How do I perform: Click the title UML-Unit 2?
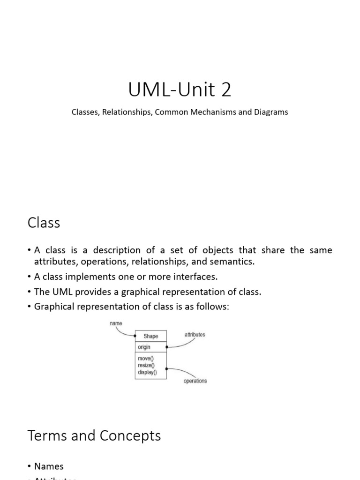[180, 90]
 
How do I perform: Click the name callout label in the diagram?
[116, 323]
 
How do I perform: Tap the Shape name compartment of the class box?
[150, 336]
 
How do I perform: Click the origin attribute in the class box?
[144, 347]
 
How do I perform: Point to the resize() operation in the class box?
[146, 366]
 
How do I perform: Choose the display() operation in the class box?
[147, 373]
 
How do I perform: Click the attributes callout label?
[194, 335]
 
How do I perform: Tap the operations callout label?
[195, 381]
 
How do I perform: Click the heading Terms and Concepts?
[94, 435]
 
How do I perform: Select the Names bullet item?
[49, 466]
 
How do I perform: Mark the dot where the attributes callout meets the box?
[167, 347]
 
